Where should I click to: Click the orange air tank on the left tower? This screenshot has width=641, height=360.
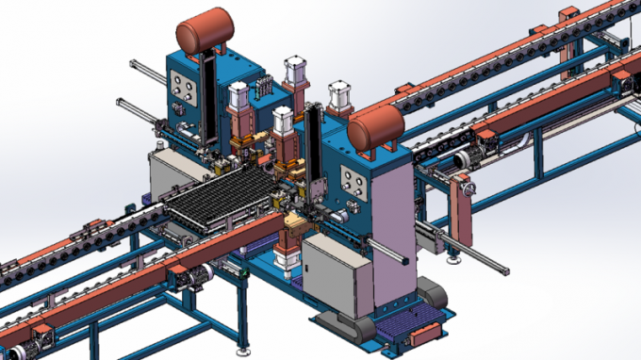click(x=205, y=32)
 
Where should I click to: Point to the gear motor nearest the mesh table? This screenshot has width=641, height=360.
click(x=199, y=275)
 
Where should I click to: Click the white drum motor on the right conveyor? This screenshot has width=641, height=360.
click(x=460, y=160)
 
